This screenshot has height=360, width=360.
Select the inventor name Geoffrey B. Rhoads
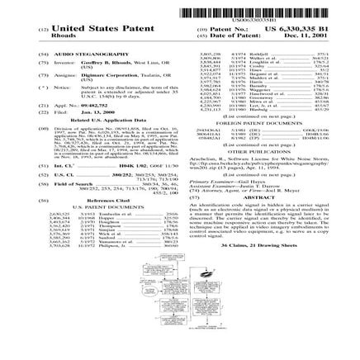92,61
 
